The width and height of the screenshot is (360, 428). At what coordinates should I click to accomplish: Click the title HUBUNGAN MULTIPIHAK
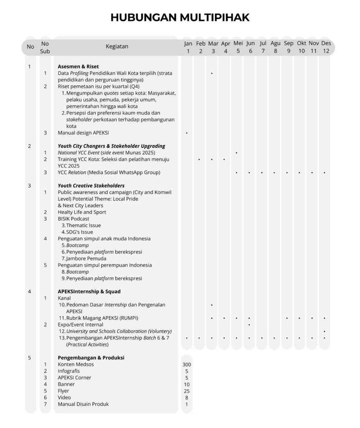pyautogui.click(x=180, y=18)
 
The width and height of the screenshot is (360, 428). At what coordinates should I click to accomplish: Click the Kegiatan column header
pyautogui.click(x=117, y=46)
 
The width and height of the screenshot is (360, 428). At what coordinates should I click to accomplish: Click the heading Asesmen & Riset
pyautogui.click(x=78, y=66)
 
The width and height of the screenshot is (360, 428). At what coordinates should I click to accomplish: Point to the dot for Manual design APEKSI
pyautogui.click(x=187, y=133)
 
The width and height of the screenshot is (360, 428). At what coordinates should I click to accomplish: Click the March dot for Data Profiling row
pyautogui.click(x=212, y=73)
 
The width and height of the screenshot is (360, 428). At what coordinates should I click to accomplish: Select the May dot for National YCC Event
pyautogui.click(x=236, y=153)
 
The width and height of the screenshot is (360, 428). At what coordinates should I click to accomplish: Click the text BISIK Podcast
pyautogui.click(x=74, y=219)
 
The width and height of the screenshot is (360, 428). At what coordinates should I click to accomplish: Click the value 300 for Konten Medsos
pyautogui.click(x=187, y=364)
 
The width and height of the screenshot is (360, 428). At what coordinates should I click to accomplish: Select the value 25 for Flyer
pyautogui.click(x=187, y=391)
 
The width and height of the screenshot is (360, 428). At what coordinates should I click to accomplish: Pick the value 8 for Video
pyautogui.click(x=187, y=397)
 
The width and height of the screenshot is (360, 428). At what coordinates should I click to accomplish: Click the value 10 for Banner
pyautogui.click(x=187, y=384)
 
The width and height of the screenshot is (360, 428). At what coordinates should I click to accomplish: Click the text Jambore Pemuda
pyautogui.click(x=86, y=258)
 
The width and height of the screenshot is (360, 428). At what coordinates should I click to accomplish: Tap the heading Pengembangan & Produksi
pyautogui.click(x=91, y=358)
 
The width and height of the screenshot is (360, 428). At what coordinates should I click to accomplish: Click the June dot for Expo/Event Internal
pyautogui.click(x=249, y=325)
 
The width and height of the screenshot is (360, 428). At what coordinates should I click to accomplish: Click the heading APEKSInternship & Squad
pyautogui.click(x=89, y=291)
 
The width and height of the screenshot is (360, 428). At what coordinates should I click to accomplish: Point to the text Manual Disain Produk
pyautogui.click(x=83, y=404)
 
